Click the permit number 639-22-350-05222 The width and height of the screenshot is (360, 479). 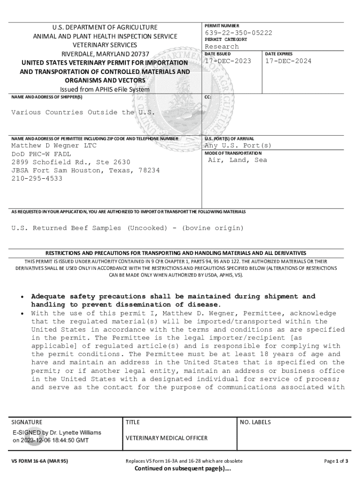[x=238, y=33]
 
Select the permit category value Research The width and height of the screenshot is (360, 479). [x=222, y=47]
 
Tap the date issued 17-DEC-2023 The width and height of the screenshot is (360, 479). [x=228, y=61]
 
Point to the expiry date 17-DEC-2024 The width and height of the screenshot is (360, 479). [x=288, y=61]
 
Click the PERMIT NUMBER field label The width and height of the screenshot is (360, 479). [x=222, y=25]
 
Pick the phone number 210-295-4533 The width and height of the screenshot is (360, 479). [x=36, y=179]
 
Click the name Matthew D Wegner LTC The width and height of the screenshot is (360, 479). [x=54, y=145]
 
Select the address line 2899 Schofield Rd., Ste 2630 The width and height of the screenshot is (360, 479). [x=71, y=162]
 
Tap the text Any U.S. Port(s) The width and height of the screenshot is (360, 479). [x=238, y=145]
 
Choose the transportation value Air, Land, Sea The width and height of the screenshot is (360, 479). [x=238, y=160]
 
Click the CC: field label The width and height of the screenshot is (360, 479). [x=208, y=97]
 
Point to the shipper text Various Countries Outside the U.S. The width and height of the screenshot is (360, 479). [x=83, y=112]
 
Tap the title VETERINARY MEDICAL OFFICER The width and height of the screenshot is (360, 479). [x=166, y=438]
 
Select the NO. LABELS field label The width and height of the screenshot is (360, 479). [x=255, y=422]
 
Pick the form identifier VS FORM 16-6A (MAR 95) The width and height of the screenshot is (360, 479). [x=40, y=461]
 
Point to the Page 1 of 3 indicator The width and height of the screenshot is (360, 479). [x=336, y=461]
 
